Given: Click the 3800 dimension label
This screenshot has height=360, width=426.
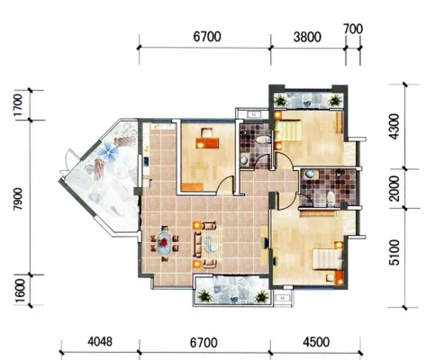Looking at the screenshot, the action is click(x=307, y=37).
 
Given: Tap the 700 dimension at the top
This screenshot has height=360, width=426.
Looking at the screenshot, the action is click(x=353, y=29).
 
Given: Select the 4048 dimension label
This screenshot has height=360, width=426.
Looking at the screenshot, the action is click(x=100, y=342).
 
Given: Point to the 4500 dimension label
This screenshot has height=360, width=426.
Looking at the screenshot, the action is click(x=316, y=342).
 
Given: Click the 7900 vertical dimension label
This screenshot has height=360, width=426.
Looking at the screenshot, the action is click(x=18, y=199).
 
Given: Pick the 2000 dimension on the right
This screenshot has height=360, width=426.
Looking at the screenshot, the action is click(x=394, y=188).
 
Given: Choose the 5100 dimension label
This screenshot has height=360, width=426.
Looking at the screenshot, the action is click(x=394, y=253).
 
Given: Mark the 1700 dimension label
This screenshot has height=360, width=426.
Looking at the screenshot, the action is click(x=18, y=105).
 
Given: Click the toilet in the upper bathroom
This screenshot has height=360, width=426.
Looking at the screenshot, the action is click(x=264, y=139).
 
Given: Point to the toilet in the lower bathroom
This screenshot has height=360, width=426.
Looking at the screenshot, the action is click(x=331, y=198).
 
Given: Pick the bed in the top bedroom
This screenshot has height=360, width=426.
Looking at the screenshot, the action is click(x=287, y=130).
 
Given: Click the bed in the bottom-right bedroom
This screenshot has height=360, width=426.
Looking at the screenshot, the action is click(x=328, y=259).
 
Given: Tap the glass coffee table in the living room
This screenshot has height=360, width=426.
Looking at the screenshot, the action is click(x=210, y=244).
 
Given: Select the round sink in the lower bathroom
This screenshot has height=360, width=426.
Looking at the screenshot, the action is click(x=309, y=175).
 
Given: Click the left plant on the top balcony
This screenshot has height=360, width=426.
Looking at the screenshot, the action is click(x=281, y=101).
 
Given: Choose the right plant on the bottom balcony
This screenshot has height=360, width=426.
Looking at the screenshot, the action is click(x=261, y=296).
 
